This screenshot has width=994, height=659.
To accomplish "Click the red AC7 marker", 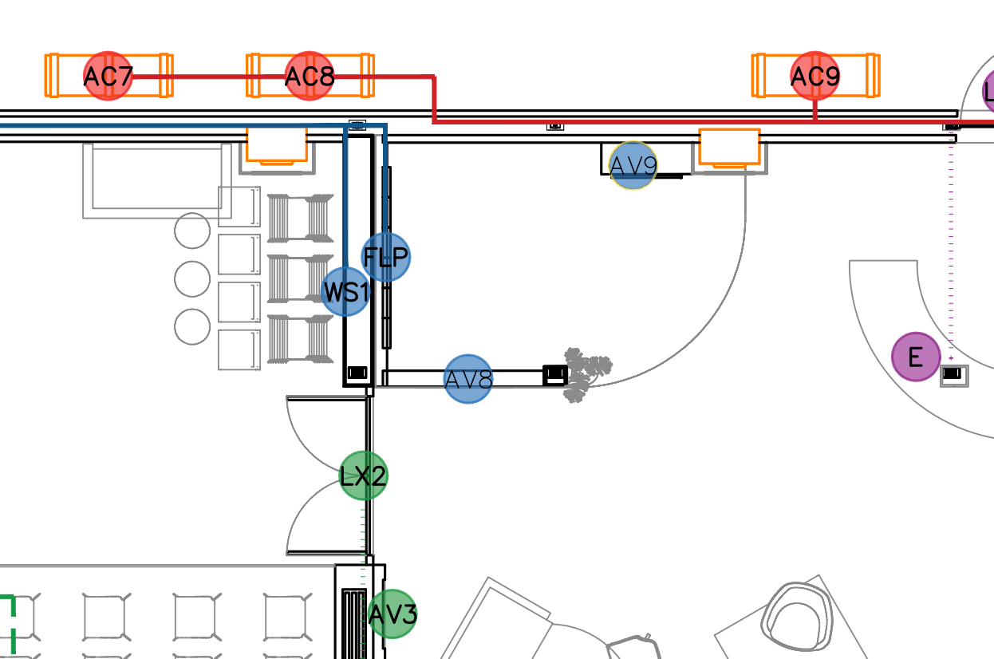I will click(x=108, y=77).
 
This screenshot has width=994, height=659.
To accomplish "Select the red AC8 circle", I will click(x=309, y=77).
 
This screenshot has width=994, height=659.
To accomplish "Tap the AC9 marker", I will click(x=815, y=77).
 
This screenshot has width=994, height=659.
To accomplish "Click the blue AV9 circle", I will click(x=633, y=166).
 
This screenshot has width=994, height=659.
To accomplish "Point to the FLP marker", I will click(x=386, y=257).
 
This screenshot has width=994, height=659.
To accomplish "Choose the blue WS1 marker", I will click(x=345, y=292).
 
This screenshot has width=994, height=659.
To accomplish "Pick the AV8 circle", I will click(x=468, y=379).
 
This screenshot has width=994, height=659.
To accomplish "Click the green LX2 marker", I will click(x=364, y=476).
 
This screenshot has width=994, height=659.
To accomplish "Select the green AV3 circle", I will click(x=392, y=614).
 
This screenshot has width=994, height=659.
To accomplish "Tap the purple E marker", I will click(x=916, y=357).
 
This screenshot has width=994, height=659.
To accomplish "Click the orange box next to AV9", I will click(x=729, y=148).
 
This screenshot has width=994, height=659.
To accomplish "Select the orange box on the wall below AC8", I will click(x=277, y=146).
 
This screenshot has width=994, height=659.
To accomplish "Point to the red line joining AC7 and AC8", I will click(x=207, y=77).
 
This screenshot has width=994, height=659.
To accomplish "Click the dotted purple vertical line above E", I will click(x=951, y=239).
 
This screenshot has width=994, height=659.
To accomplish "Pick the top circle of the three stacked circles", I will click(x=191, y=231).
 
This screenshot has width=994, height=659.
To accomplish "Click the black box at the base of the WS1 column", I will click(x=357, y=373).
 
